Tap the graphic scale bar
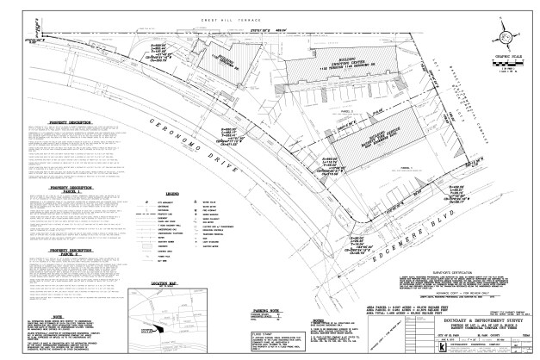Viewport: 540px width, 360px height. tap(503, 69)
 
